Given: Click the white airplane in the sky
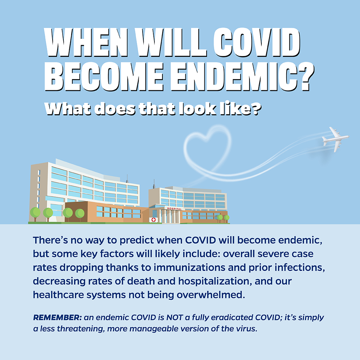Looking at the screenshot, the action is coord(335,139).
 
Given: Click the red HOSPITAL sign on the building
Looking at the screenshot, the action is coord(174,209).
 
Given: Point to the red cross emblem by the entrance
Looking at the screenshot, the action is coord(154,220).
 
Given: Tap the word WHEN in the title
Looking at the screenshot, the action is coord(86,42).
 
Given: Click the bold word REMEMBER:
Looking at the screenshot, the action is coord(57,317).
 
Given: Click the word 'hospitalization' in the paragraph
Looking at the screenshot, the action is coord(214,281).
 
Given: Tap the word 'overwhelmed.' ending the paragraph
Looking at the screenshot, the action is coord(211,295).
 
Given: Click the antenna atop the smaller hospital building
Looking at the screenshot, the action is coord(154,184).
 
